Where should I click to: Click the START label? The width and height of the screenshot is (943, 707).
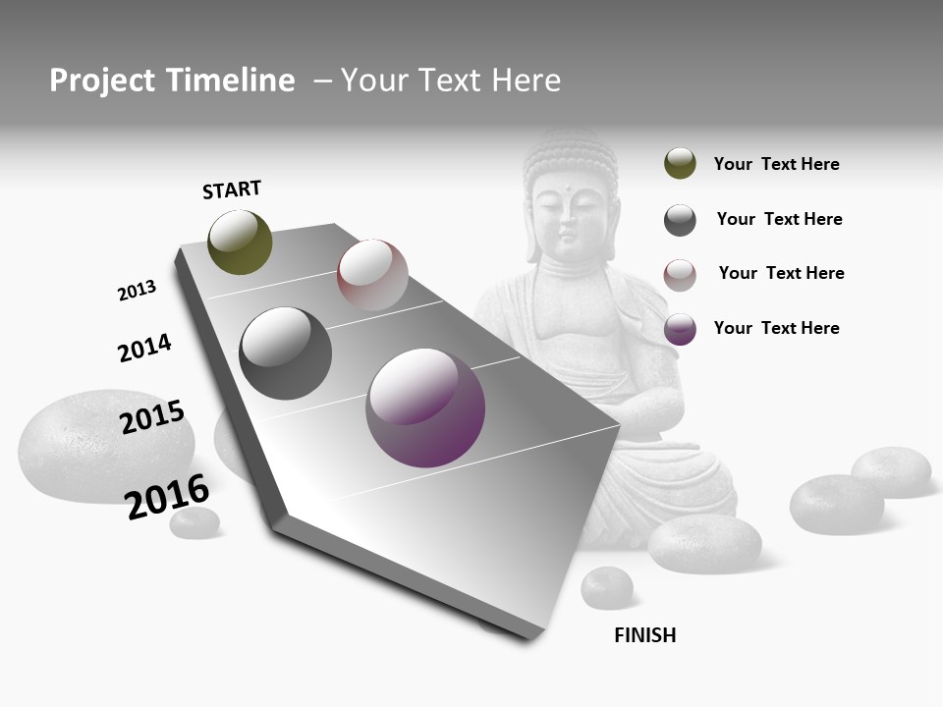point(232,190)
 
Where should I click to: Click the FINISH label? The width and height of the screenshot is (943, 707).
point(644,635)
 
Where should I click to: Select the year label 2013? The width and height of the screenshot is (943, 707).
point(137,291)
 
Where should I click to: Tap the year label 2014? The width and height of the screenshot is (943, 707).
point(144,348)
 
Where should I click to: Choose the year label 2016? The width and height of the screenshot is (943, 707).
point(167,496)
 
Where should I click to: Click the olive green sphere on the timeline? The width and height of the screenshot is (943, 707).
point(240,242)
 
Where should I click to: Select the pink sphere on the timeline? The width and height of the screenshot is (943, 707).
point(372,275)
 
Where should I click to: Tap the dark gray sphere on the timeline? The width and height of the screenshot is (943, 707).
point(285,353)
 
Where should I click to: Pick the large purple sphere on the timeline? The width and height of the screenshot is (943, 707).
point(425,407)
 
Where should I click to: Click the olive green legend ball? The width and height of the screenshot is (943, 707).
point(680,163)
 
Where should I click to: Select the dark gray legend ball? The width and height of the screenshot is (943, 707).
point(680,220)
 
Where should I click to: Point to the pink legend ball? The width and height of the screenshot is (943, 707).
point(680,275)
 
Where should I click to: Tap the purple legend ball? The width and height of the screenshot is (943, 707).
point(680,329)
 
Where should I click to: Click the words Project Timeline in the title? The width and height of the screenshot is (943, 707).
point(172,81)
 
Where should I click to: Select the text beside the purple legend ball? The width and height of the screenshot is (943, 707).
point(776,328)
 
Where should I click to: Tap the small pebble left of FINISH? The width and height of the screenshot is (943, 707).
point(606,587)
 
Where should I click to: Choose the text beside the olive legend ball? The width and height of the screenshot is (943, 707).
point(776,164)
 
